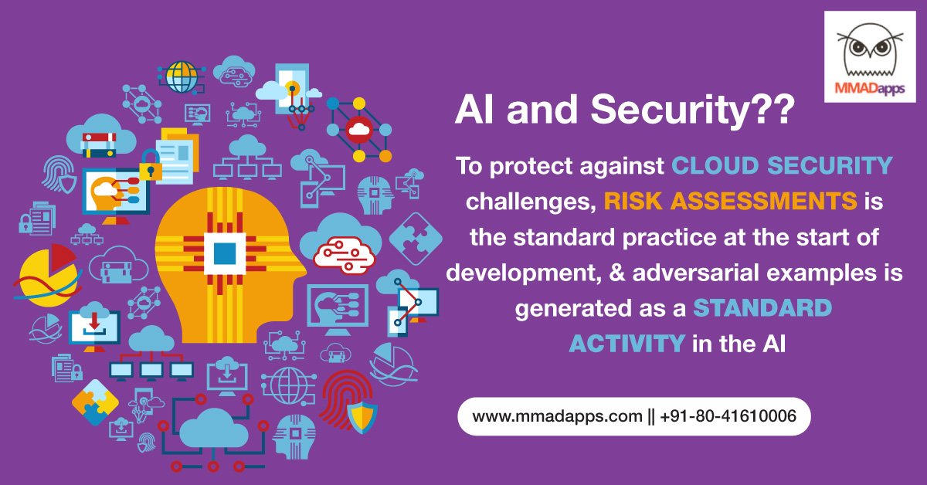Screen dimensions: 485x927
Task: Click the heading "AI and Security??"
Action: click(623, 112)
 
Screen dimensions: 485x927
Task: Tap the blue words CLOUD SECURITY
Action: click(783, 165)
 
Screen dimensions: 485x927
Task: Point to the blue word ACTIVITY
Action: click(626, 344)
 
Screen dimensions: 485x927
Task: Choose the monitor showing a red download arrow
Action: click(94, 325)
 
